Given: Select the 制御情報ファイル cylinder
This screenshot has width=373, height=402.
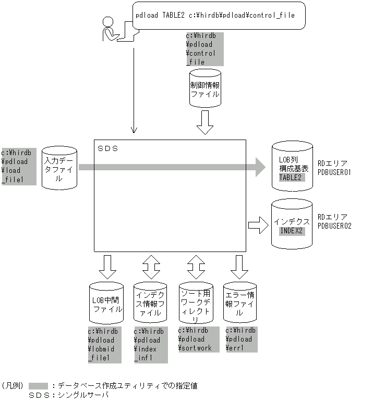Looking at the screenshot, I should [x=204, y=89].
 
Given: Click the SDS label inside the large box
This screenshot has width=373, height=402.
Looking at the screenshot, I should [x=108, y=148].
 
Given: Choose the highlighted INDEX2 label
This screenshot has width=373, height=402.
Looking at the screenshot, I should [x=292, y=230].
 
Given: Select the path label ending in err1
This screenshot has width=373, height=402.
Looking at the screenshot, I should [x=241, y=340].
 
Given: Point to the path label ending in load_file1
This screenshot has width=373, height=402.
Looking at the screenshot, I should [x=18, y=166].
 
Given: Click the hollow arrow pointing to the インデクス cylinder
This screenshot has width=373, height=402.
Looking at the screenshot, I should [x=258, y=225].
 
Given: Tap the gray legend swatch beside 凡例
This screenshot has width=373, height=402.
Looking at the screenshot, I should [x=39, y=386].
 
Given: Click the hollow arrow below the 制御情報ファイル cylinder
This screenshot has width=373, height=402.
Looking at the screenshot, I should [x=204, y=122].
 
